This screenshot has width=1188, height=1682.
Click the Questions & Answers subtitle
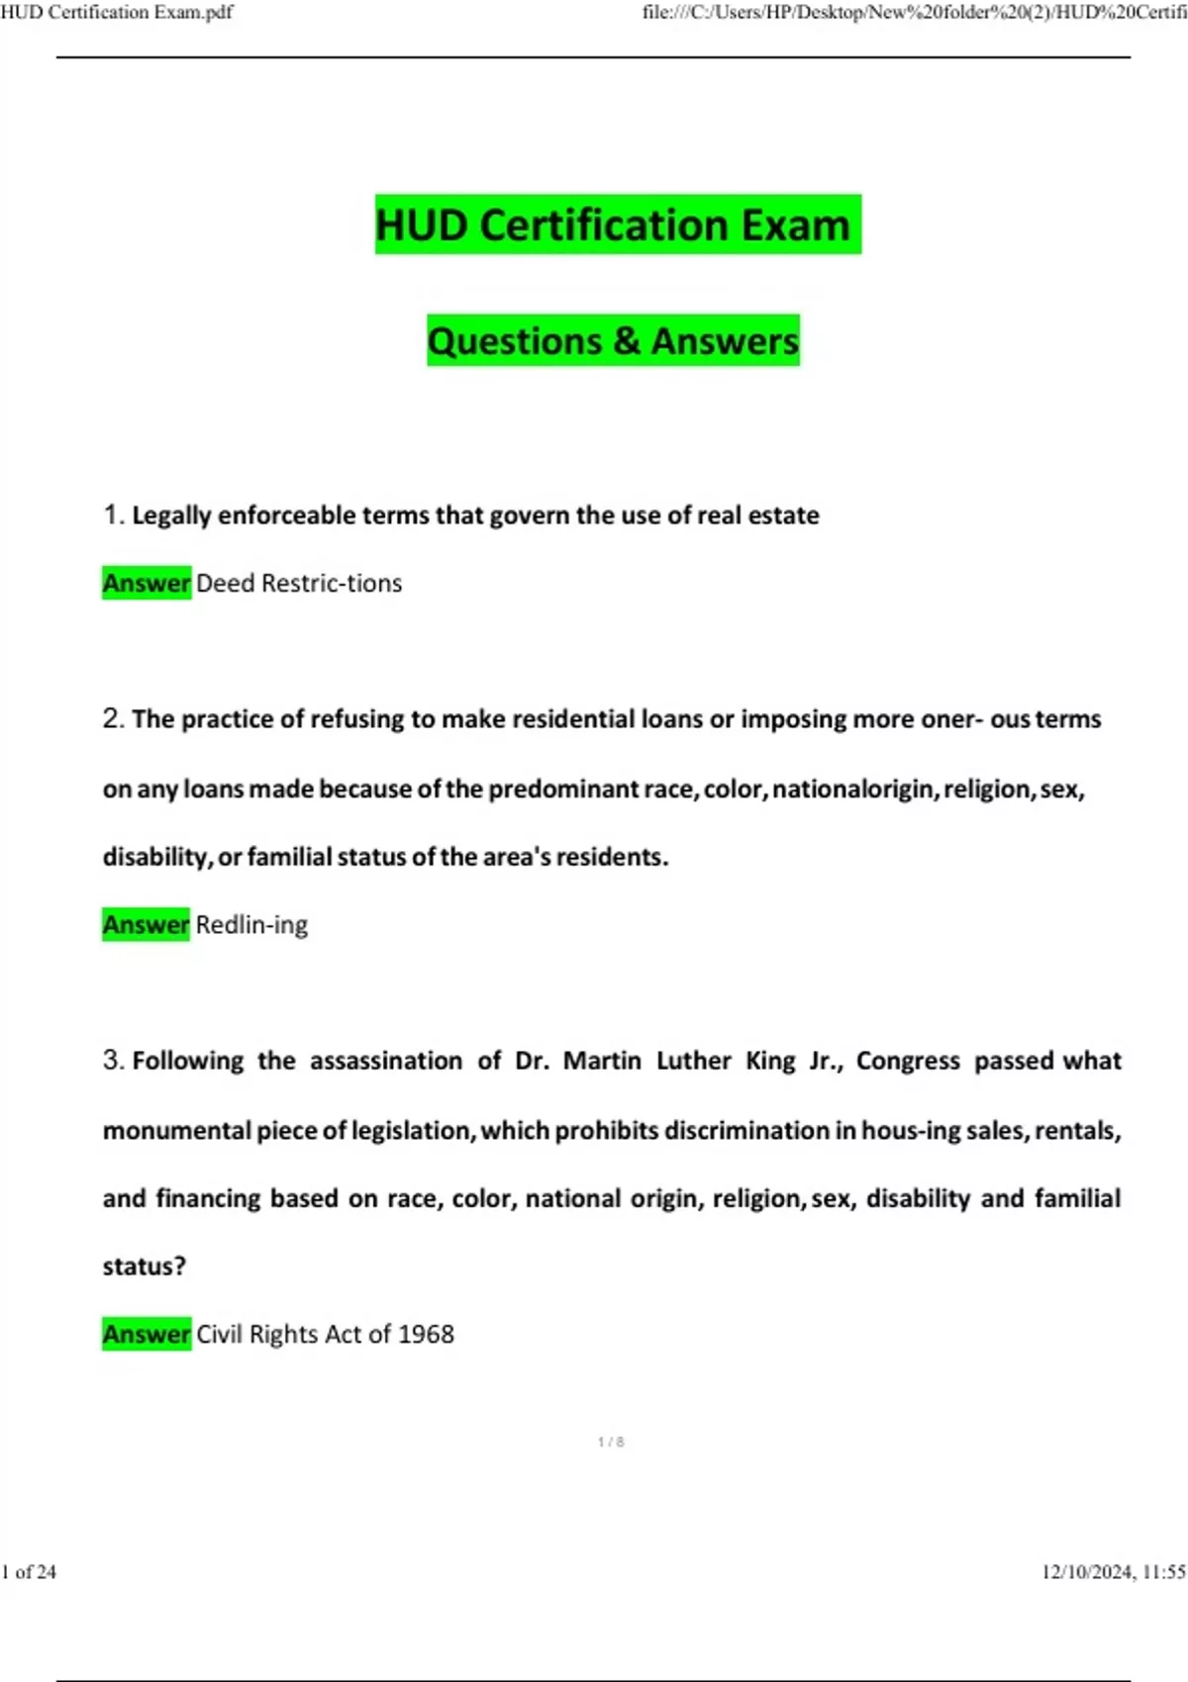pyautogui.click(x=613, y=340)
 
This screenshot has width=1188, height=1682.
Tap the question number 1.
pyautogui.click(x=112, y=514)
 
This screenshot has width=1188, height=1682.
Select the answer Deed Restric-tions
pyautogui.click(x=299, y=583)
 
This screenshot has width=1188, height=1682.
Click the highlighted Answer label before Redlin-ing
pyautogui.click(x=146, y=924)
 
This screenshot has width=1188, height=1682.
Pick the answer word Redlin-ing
pyautogui.click(x=251, y=924)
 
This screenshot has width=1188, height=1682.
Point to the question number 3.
pyautogui.click(x=112, y=1060)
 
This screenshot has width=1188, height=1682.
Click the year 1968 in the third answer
pyautogui.click(x=426, y=1334)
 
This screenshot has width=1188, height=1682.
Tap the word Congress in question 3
pyautogui.click(x=908, y=1061)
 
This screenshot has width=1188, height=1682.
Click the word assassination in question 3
pyautogui.click(x=386, y=1061)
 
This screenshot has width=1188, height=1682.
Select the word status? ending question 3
pyautogui.click(x=144, y=1266)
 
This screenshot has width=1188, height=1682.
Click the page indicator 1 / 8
pyautogui.click(x=611, y=1442)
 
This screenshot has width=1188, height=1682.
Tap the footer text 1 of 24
pyautogui.click(x=29, y=1571)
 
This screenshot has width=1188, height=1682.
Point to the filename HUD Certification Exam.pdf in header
pyautogui.click(x=117, y=12)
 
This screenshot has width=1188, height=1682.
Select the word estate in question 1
pyautogui.click(x=782, y=515)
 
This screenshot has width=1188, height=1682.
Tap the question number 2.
pyautogui.click(x=112, y=718)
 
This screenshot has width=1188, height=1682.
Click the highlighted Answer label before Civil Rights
pyautogui.click(x=146, y=1334)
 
